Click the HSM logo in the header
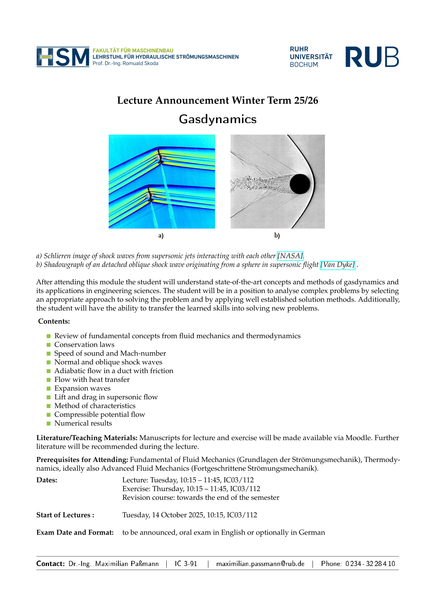point(63,57)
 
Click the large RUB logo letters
point(372,57)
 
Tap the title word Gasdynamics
point(217,119)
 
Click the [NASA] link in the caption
point(290,256)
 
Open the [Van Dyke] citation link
point(337,265)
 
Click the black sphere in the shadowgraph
point(300,184)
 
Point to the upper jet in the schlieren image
point(159,156)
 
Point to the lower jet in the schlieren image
point(150,194)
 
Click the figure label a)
point(161,236)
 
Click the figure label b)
point(277,236)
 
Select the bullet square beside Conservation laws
point(49,345)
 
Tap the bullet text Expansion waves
point(82,388)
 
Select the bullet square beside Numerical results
point(49,424)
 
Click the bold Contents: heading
point(54,322)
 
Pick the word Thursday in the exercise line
point(168,489)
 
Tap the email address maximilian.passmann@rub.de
point(260,564)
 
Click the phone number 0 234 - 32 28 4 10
point(370,564)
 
